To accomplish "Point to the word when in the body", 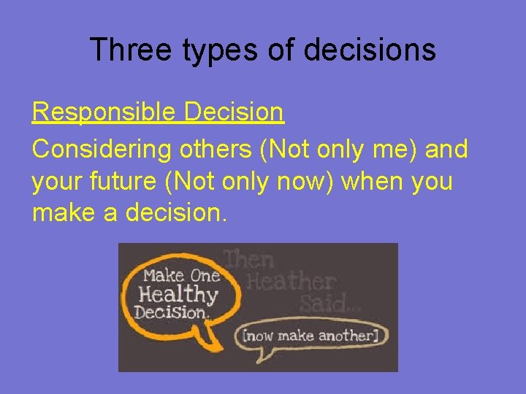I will coord(372,181).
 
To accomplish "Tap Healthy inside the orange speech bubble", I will coord(178,294).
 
